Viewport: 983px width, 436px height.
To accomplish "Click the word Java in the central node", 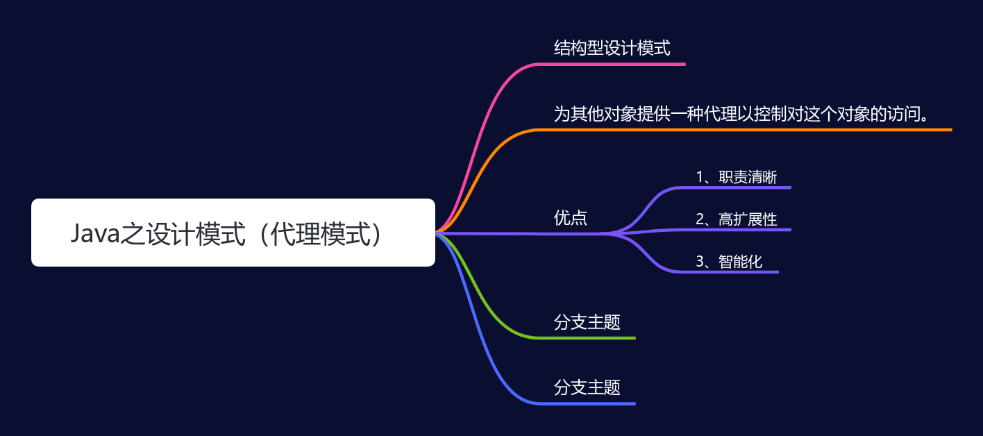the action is (95, 233).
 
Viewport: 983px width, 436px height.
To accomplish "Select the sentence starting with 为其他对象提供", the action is (741, 114).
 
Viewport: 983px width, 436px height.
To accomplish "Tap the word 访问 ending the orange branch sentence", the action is (903, 114).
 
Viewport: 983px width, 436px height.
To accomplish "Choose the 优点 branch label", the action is (570, 218).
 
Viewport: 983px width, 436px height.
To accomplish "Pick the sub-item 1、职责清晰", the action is (737, 177).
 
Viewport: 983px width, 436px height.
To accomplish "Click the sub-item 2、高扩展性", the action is (737, 219).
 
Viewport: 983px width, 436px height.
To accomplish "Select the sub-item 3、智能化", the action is (729, 262).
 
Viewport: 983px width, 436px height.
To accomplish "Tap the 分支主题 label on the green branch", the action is (587, 322).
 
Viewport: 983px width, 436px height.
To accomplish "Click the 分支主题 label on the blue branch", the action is (587, 387).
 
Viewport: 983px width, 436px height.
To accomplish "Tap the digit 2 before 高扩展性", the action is (700, 219).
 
